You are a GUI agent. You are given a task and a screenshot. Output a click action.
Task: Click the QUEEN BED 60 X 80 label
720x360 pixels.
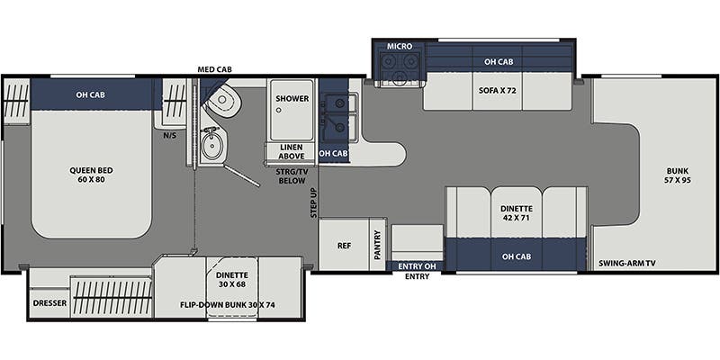pos(91,175)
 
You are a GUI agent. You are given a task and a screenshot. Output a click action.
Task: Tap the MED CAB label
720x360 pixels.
pos(214,70)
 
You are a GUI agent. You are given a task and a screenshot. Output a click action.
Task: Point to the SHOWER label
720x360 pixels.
pos(292,99)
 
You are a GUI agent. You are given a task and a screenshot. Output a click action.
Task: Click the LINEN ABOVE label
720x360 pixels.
pos(291,151)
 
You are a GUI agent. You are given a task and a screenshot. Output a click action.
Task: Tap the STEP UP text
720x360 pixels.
pos(314,202)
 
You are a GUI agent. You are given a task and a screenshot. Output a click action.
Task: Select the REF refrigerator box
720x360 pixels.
pos(345,244)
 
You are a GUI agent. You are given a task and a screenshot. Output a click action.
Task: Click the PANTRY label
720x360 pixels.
pos(378,245)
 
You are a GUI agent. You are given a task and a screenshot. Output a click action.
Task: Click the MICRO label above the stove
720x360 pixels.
pos(400,47)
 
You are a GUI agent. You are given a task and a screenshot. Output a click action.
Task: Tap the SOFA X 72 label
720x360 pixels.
pos(498,91)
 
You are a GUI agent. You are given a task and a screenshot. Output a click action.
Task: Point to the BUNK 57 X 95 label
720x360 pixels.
pos(679,175)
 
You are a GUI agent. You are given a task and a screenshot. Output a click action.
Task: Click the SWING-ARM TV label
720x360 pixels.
pos(627,263)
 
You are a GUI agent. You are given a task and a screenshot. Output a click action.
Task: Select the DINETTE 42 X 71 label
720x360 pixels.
pos(516,213)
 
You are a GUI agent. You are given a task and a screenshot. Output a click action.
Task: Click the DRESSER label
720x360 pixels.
pos(49,303)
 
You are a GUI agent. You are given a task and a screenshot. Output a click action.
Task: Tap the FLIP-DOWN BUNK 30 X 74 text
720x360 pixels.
pos(228,304)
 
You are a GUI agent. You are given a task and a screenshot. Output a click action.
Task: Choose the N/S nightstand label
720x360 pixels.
pos(170,136)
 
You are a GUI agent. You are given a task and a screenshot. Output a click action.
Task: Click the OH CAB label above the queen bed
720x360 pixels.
pos(91,94)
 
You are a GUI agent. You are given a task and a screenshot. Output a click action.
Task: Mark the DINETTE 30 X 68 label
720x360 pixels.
pos(232,279)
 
